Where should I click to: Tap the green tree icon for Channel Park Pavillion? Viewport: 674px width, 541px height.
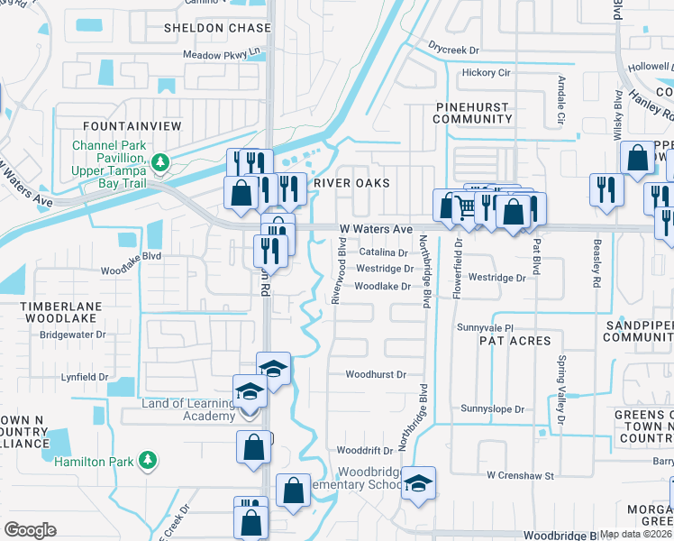pos(160,162)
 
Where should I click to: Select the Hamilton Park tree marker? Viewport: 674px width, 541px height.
pos(147,461)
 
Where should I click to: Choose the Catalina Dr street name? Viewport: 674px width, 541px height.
pos(383,253)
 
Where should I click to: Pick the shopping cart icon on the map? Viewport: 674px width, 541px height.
pos(465,206)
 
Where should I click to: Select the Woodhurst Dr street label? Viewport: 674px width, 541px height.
pos(376,374)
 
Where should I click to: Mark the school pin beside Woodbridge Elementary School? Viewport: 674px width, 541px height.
pos(418,483)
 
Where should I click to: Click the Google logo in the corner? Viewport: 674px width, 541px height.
pos(30,530)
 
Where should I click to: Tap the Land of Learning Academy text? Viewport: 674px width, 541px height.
pos(188,409)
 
